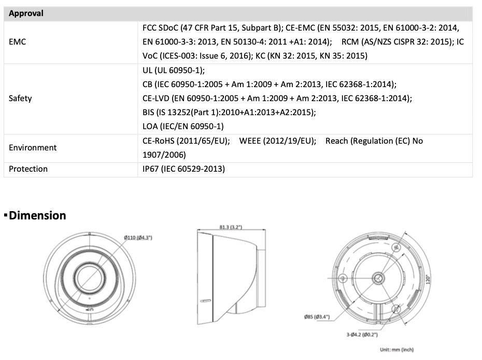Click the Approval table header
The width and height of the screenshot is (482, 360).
click(x=26, y=13)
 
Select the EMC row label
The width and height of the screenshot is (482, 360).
click(x=17, y=42)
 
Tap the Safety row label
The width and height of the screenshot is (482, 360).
click(x=20, y=99)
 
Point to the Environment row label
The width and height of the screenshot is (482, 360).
click(x=33, y=148)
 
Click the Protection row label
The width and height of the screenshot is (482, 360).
click(x=29, y=169)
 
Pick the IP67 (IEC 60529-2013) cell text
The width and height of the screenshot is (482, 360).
click(x=184, y=169)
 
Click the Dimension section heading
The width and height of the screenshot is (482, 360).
click(x=37, y=215)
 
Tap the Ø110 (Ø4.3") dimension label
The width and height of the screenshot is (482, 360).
click(x=138, y=238)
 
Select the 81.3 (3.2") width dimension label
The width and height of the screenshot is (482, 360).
click(x=231, y=227)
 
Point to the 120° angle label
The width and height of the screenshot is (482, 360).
click(x=428, y=280)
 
